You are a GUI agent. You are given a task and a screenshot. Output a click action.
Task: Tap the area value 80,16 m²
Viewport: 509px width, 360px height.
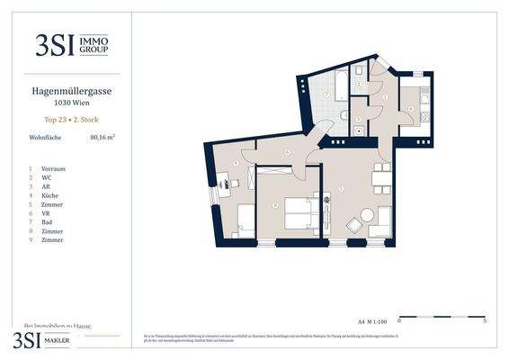point(103,138)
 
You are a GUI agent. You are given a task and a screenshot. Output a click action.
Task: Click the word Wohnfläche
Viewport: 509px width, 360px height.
point(46,138)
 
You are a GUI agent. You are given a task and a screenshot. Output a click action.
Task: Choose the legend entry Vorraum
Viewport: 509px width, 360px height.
point(53,168)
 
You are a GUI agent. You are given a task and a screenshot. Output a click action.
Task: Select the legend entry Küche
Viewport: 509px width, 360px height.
point(51,195)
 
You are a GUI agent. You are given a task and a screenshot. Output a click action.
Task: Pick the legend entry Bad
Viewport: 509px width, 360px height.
point(48,222)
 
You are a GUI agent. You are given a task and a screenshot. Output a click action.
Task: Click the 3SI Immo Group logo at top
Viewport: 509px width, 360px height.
point(71,45)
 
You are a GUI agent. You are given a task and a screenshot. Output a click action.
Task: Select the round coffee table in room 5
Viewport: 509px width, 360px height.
point(367,216)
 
